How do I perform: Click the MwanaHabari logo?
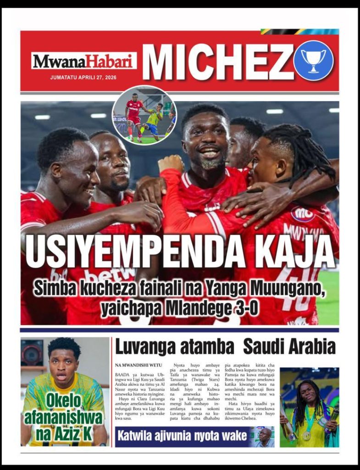pos(84,61)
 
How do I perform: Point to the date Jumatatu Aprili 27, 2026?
pos(83,78)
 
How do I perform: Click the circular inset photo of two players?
pos(144,116)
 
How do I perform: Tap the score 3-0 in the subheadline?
pos(243,309)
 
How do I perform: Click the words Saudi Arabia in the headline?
pos(289,347)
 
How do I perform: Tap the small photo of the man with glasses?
pos(265,437)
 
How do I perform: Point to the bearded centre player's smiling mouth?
pos(210,151)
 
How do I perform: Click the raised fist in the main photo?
pos(171,163)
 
